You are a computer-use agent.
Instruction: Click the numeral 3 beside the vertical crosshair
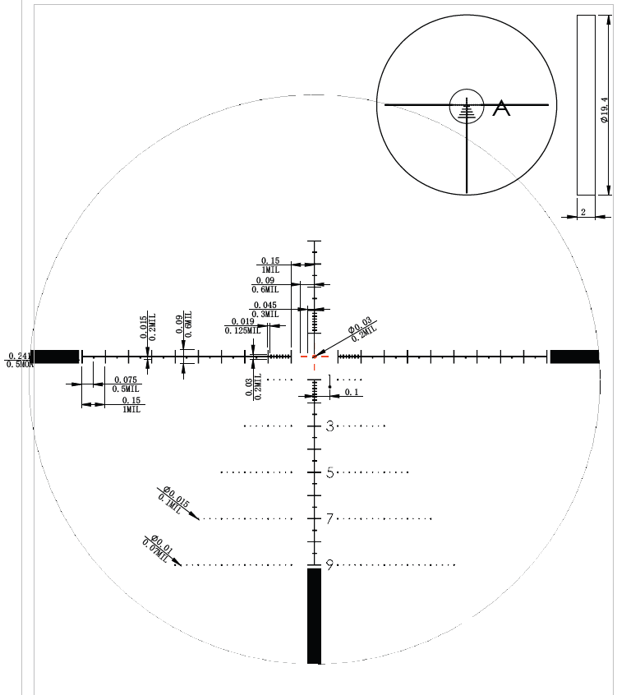pos(329,426)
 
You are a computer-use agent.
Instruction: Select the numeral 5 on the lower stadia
pos(329,472)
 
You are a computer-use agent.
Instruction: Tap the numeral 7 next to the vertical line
pos(329,518)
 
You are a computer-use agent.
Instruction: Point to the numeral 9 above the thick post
pos(329,565)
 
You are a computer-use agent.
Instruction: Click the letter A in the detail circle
pos(501,108)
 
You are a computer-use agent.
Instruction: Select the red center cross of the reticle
pos(314,357)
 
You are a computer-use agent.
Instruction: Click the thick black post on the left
pos(56,357)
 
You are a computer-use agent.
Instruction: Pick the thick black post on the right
pos(574,357)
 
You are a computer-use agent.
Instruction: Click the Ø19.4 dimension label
pos(604,109)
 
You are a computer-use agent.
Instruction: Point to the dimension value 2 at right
pos(582,212)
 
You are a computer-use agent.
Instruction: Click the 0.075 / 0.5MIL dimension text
pos(126,384)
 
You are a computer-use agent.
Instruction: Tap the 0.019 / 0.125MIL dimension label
pos(242,325)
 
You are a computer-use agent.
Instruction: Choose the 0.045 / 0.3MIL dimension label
pos(265,309)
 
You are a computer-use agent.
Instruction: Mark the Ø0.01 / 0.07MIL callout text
pos(159,546)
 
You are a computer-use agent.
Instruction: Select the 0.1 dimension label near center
pos(352,393)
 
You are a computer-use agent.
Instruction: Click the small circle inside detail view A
pos(466,104)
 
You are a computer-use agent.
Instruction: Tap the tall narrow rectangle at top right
pos(586,105)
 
